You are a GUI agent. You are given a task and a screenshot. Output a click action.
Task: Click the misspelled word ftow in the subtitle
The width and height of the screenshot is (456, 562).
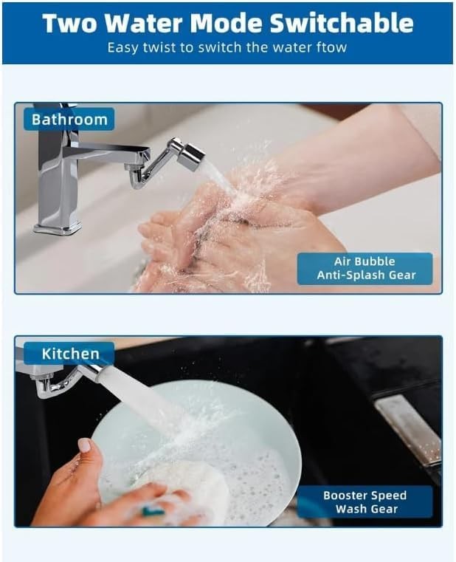pyautogui.click(x=332, y=47)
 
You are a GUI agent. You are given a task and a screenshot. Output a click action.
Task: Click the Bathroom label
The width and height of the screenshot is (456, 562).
pyautogui.click(x=69, y=119)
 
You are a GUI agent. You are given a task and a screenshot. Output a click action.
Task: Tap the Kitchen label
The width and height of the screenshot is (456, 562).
pyautogui.click(x=69, y=354)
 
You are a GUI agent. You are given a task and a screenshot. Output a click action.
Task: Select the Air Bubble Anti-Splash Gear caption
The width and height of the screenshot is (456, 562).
pyautogui.click(x=365, y=268)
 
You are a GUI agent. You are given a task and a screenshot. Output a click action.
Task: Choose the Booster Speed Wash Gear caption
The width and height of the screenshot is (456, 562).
pyautogui.click(x=365, y=501)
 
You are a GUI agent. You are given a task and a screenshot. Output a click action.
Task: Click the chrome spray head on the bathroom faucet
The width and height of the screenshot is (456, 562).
pyautogui.click(x=189, y=156)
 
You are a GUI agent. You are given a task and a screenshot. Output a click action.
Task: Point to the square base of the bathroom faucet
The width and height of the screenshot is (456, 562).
pyautogui.click(x=55, y=225)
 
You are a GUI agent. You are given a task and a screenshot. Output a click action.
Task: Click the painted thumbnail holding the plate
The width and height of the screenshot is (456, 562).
pyautogui.click(x=84, y=445)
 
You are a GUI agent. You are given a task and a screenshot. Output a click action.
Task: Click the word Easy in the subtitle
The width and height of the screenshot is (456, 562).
pyautogui.click(x=122, y=47)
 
